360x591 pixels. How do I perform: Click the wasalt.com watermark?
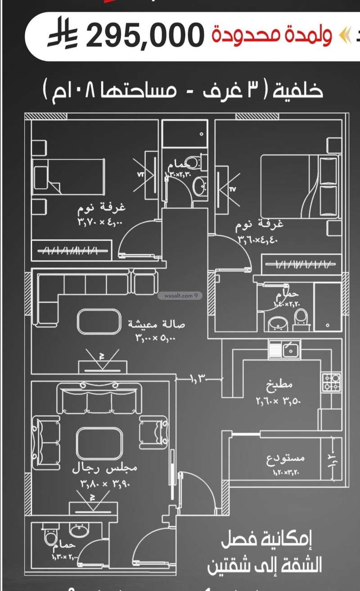click(179, 296)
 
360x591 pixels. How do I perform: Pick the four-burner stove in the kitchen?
click(330, 382)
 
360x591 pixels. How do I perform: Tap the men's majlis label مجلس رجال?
click(105, 469)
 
